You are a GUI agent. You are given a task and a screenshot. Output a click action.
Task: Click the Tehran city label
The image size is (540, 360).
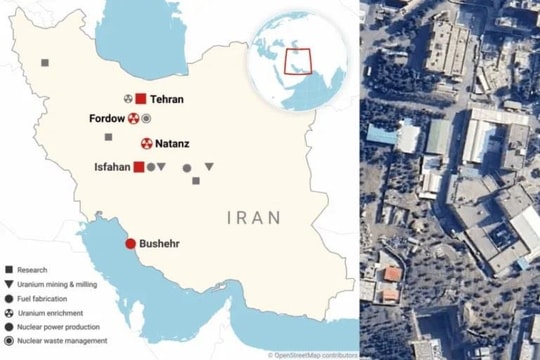pos(167,100)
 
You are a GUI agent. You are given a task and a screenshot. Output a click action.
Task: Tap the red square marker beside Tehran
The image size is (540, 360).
pos(141,99)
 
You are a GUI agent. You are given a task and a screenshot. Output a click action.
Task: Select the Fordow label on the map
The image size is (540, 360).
pos(107,119)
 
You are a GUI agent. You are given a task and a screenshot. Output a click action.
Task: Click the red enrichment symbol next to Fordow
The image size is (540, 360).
pos(133,119)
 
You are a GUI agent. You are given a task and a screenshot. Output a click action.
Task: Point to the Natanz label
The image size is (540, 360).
pos(172,144)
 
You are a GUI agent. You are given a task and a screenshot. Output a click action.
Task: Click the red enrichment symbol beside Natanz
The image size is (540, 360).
pos(147,144)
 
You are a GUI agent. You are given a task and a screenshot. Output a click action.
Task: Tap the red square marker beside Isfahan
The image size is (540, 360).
pos(139,167)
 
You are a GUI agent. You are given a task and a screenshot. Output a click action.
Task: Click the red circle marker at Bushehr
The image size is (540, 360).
pos(130,244)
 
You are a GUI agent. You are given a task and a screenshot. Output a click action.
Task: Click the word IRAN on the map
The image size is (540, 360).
pos(254,217)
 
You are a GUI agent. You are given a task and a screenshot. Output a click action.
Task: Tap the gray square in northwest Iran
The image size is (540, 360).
pos(45,63)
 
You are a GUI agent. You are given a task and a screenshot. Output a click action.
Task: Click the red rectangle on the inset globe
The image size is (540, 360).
pos(299,61)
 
